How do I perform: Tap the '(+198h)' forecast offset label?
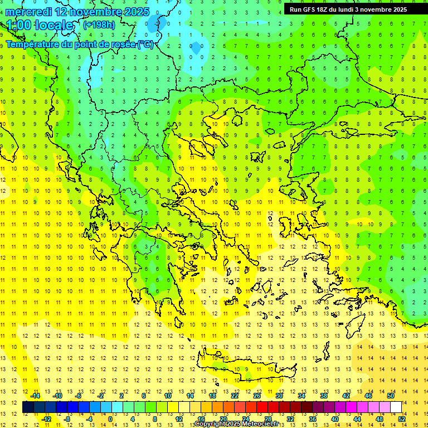point(99,25)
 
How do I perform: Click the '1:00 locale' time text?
point(40,25)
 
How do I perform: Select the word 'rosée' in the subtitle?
point(121,44)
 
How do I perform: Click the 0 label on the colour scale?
point(110,419)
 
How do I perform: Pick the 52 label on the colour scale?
point(402,419)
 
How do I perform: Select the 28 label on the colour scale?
point(267,419)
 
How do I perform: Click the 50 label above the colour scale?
point(391,396)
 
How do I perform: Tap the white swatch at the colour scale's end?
point(396,407)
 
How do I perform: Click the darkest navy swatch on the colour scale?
point(28,407)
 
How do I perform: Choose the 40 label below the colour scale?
point(335,419)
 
